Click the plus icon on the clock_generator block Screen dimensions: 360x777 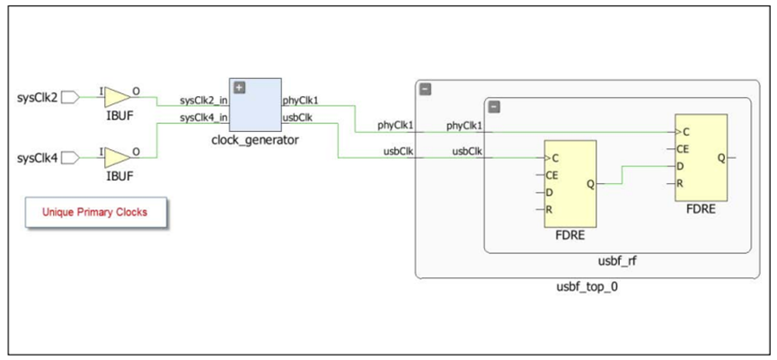pyautogui.click(x=240, y=87)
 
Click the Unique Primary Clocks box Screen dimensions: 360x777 pyautogui.click(x=94, y=214)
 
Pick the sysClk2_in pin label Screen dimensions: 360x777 pyautogui.click(x=204, y=101)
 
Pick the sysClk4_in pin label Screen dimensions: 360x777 pyautogui.click(x=204, y=118)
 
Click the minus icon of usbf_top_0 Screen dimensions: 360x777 pyautogui.click(x=426, y=89)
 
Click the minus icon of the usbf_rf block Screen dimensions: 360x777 pyautogui.click(x=494, y=107)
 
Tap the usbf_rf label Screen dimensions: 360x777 pyautogui.click(x=620, y=261)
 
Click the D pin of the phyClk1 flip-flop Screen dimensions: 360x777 pyautogui.click(x=683, y=166)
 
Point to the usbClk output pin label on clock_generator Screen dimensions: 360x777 pyautogui.click(x=297, y=118)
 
